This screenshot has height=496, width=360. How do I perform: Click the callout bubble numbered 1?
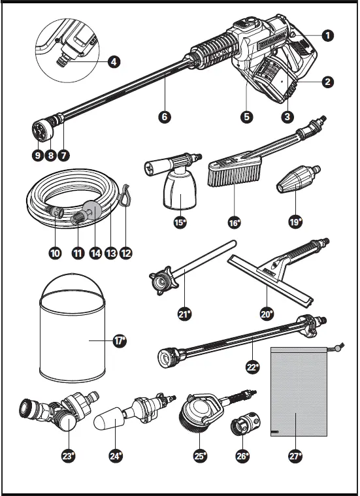[x=328, y=35]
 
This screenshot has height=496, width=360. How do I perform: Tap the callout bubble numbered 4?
[x=114, y=61]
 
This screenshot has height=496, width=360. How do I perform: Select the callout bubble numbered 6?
[x=165, y=117]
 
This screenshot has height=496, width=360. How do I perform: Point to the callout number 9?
[x=38, y=156]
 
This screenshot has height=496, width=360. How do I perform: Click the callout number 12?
[x=126, y=253]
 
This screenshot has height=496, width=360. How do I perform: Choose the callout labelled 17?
[x=120, y=340]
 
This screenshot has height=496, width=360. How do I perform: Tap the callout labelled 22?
[x=252, y=367]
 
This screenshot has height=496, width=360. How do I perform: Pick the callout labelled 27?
[x=295, y=456]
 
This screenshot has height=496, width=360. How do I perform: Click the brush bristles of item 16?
[x=233, y=176]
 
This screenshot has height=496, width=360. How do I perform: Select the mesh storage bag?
[x=299, y=391]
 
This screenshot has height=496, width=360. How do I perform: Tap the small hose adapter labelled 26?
[x=246, y=423]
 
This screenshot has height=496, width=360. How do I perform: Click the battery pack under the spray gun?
[x=272, y=79]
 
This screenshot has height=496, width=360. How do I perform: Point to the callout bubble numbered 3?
[x=287, y=117]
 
